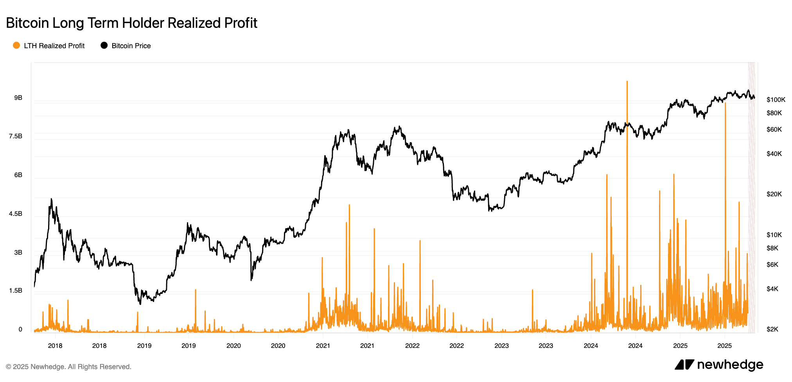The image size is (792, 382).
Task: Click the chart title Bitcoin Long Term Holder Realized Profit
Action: [131, 23]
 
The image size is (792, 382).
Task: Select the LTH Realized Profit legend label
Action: [54, 46]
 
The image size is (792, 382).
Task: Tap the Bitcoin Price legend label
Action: [131, 46]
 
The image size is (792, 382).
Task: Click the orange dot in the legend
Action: [16, 45]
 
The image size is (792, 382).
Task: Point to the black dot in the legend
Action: [104, 45]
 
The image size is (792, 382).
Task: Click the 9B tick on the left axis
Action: [18, 98]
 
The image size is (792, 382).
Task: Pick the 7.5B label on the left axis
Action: [16, 136]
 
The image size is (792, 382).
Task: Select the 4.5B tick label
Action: [16, 214]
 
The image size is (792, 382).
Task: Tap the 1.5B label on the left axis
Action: [16, 290]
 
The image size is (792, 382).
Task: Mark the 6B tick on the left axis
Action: [18, 175]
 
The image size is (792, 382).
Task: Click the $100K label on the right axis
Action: [776, 100]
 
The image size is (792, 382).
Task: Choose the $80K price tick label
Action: [774, 113]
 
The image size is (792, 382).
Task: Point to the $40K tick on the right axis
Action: [774, 154]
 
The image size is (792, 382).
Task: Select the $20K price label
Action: [774, 194]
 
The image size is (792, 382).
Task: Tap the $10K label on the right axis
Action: [774, 235]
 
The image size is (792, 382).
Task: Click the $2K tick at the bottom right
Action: [772, 329]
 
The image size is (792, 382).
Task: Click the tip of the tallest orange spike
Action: [627, 81]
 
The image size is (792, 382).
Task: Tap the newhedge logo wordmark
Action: [729, 365]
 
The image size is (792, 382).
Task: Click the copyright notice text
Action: [68, 367]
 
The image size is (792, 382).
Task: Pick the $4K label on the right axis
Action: [772, 289]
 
